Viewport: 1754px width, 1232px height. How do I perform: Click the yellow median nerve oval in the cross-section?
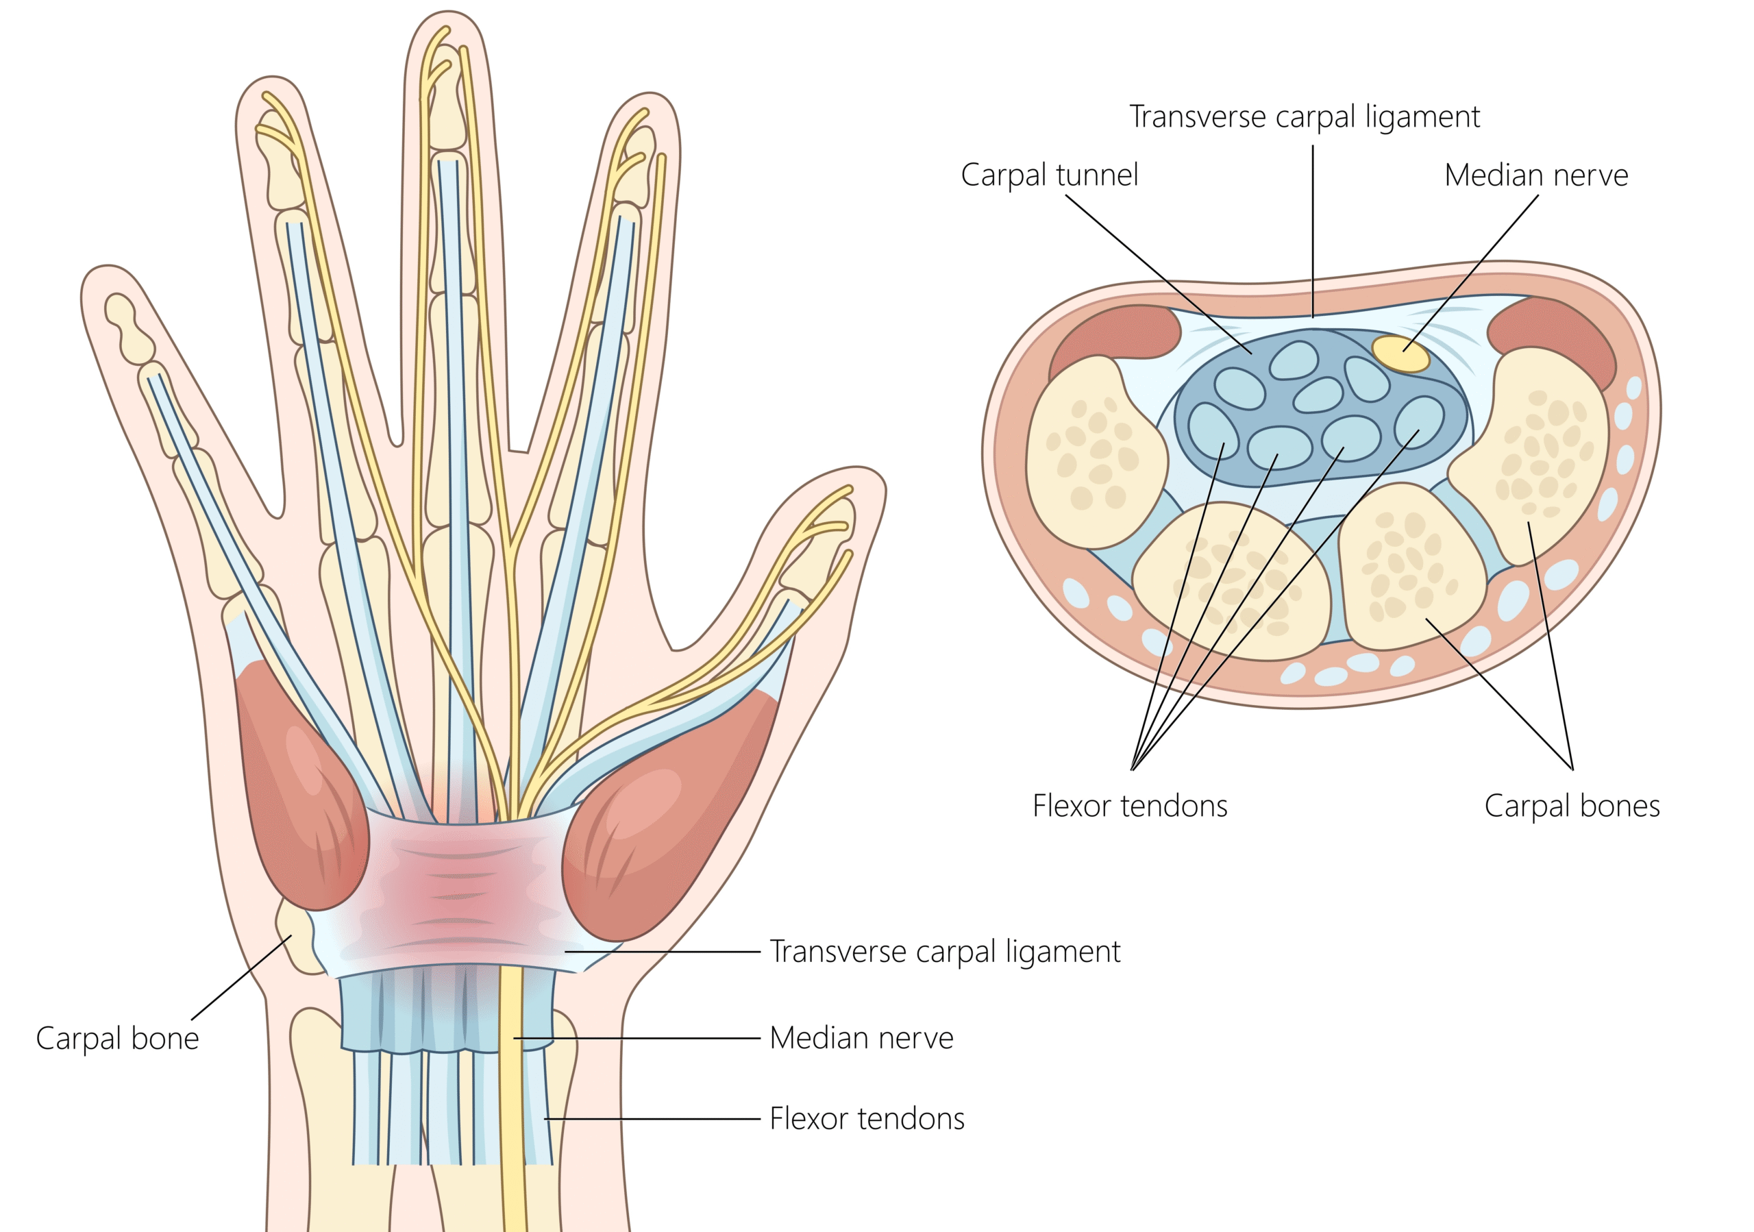[1400, 354]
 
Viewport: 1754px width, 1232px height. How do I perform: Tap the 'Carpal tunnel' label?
[1049, 175]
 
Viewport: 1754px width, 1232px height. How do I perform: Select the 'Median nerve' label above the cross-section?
[1535, 175]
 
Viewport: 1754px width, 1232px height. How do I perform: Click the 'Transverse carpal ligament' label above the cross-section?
[1304, 117]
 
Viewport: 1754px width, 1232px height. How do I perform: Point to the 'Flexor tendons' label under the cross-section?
[1130, 806]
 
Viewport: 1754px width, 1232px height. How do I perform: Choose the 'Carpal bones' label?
[1572, 806]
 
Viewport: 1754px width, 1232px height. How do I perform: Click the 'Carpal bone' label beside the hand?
[117, 1039]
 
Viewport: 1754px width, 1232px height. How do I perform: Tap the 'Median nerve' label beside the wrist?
[861, 1038]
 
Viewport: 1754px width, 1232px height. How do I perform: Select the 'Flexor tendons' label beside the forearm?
[866, 1119]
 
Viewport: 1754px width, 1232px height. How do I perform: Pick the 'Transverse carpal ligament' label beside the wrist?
[944, 952]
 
